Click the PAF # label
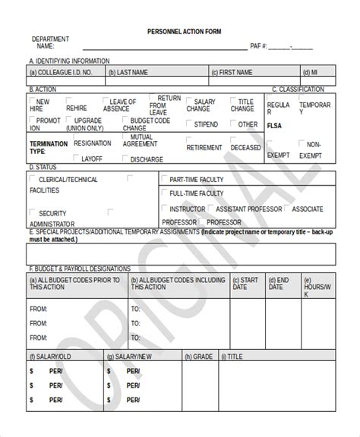point(260,46)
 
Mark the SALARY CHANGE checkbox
point(190,100)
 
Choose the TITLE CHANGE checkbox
point(235,100)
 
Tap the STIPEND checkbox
point(190,122)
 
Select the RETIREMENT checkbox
point(182,146)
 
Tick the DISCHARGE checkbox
point(125,159)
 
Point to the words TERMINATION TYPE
point(48,147)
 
